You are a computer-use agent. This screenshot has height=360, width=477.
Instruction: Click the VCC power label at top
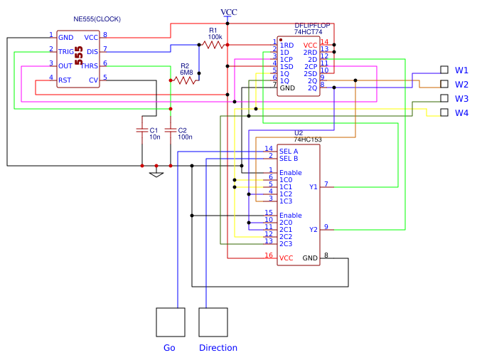[x=229, y=12]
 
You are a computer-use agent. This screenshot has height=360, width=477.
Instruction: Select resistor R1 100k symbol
[x=213, y=44]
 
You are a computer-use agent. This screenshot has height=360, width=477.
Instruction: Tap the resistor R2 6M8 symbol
[x=186, y=80]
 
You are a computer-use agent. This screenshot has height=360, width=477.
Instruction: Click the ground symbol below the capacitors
[x=156, y=174]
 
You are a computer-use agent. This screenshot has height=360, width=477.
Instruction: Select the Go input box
[x=171, y=322]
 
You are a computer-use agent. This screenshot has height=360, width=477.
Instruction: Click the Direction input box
[x=213, y=322]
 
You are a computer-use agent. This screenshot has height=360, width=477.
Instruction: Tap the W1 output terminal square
[x=444, y=70]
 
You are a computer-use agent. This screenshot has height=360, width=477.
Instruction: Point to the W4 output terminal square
[x=444, y=112]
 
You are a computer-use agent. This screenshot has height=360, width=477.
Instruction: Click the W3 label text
[x=462, y=99]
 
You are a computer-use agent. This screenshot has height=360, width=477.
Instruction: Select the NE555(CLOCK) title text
[x=97, y=18]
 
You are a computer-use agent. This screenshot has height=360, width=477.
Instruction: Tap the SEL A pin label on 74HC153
[x=289, y=151]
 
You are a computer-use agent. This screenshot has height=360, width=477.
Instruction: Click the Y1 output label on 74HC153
[x=313, y=187]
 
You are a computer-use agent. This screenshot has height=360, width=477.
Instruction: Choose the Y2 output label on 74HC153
[x=313, y=230]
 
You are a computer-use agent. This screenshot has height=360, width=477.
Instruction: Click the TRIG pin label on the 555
[x=65, y=51]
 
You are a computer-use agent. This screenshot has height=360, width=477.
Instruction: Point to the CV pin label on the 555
[x=93, y=80]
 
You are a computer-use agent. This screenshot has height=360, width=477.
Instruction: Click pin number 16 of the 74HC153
[x=269, y=255]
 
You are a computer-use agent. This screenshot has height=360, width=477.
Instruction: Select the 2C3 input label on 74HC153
[x=286, y=244]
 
